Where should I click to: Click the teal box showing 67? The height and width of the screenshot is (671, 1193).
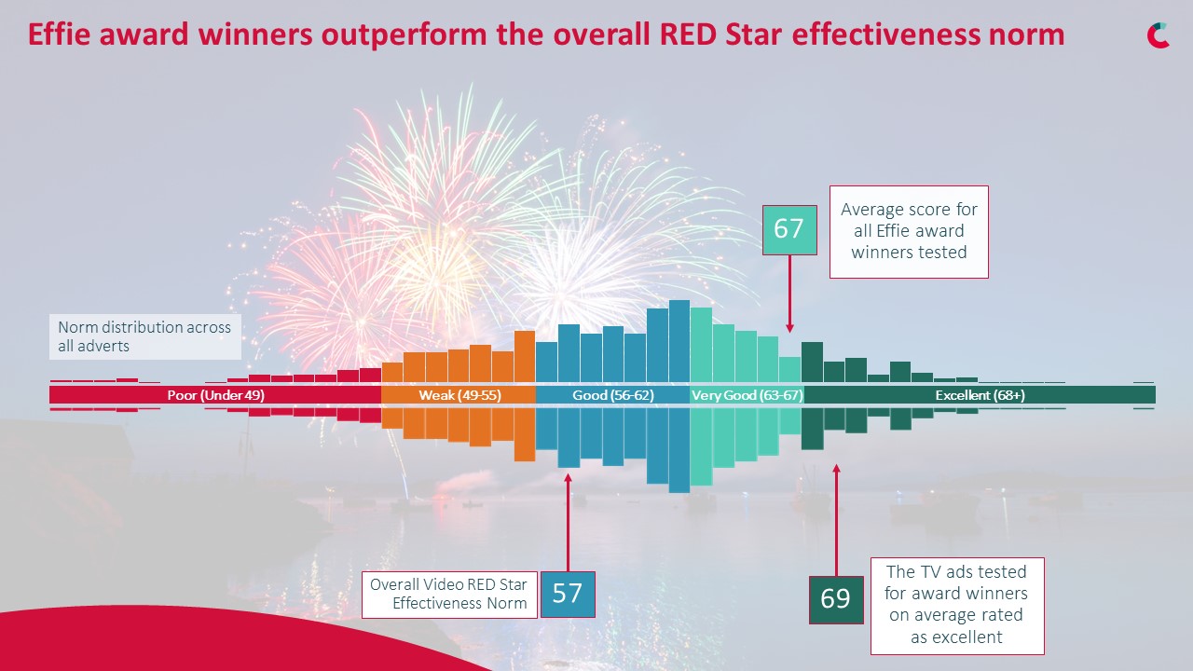coord(789,229)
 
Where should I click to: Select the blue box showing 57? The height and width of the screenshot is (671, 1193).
coord(567,594)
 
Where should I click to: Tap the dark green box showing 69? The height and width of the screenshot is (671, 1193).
coord(835,598)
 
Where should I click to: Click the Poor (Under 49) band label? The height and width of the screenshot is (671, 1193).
coord(215,395)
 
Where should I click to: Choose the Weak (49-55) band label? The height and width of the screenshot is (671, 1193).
coord(459,395)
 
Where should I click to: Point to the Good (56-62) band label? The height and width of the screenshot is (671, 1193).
coord(612,395)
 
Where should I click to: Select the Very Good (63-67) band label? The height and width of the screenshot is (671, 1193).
coord(747,395)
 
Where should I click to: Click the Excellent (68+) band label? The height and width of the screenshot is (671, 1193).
coord(980,395)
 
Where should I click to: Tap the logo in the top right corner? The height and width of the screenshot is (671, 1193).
coord(1158,35)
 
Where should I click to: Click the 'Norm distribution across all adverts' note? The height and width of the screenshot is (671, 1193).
coord(144,336)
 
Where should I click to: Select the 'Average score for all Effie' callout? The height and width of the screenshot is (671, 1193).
coord(909,231)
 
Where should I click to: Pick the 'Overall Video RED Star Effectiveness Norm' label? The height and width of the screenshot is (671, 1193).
coord(449,594)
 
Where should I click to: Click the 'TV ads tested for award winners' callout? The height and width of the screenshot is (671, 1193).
coord(956,606)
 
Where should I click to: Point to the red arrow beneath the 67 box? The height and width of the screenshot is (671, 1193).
coord(789,294)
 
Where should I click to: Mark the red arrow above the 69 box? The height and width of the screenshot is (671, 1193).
coord(835,522)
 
